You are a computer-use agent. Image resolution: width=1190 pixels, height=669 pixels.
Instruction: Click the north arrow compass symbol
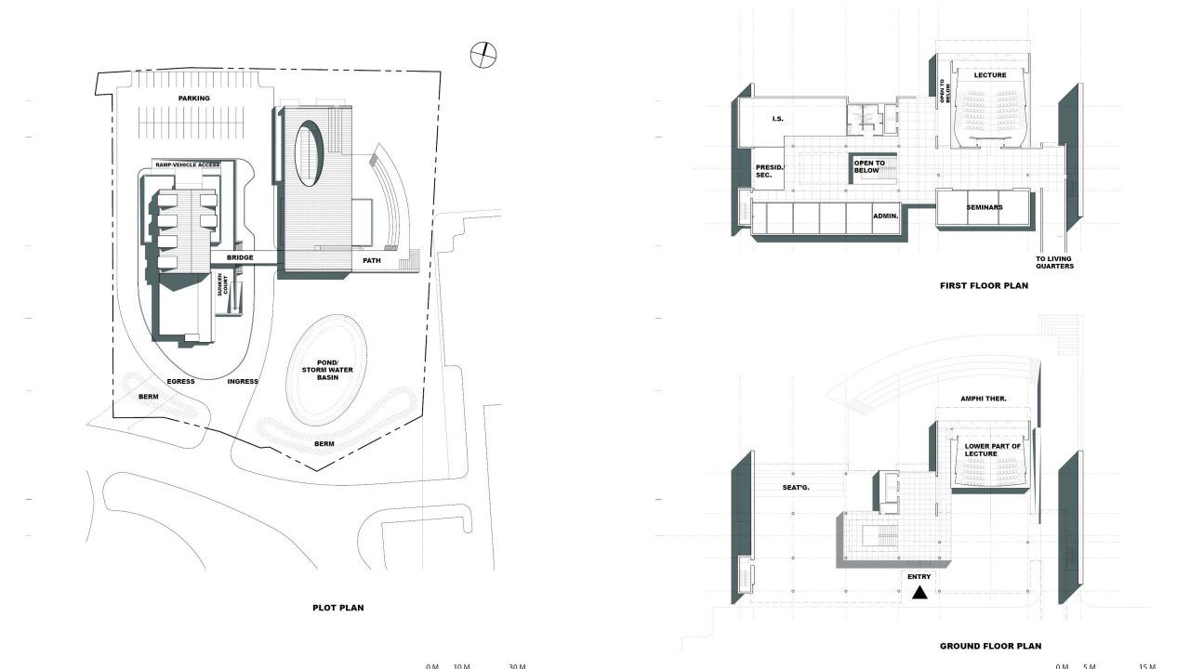(483, 55)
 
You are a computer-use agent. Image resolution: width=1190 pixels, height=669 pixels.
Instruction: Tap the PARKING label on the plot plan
(194, 98)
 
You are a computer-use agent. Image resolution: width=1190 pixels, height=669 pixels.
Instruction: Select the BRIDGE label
(240, 257)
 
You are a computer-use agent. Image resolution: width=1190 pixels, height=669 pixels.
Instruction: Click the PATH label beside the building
(372, 261)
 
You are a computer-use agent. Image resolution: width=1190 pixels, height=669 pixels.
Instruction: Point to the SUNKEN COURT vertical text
(222, 285)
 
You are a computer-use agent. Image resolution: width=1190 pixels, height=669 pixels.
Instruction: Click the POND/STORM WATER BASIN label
(327, 370)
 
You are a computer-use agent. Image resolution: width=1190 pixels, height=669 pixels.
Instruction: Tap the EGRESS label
(180, 381)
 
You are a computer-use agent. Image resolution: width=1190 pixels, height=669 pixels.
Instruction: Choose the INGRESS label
(243, 381)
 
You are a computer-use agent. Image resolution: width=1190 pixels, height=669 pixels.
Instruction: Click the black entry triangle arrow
(919, 592)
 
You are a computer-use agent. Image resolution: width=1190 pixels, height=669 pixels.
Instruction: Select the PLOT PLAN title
(338, 608)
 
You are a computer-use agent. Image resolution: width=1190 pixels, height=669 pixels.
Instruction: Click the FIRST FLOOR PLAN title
(984, 285)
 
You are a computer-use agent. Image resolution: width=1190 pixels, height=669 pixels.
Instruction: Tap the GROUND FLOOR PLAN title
(991, 646)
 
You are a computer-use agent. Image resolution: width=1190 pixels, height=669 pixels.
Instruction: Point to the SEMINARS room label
(985, 207)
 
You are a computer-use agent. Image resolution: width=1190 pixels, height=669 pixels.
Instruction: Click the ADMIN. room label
(886, 216)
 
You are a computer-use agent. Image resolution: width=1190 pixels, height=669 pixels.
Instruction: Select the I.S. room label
(778, 119)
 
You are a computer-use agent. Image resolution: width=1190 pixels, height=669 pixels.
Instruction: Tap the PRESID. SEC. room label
(769, 171)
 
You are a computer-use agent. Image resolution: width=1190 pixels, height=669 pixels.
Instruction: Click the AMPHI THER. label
(984, 399)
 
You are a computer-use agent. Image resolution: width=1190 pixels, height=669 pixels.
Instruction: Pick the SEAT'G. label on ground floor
(796, 488)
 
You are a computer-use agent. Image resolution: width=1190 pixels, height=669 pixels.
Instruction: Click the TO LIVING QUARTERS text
(1054, 263)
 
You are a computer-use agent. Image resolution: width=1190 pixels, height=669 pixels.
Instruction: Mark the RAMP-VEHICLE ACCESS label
(188, 165)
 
